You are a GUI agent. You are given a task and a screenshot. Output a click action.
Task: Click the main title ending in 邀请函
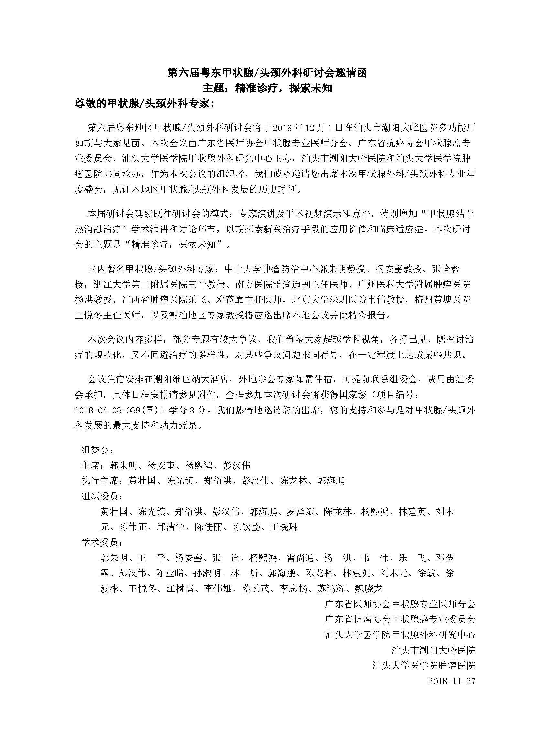pos(267,73)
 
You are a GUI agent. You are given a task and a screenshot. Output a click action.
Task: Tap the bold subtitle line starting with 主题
pos(267,88)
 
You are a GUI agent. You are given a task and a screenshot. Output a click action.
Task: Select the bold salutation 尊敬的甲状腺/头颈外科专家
pos(145,104)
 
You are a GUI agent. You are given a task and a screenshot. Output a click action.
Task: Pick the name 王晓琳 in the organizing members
pos(284,527)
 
